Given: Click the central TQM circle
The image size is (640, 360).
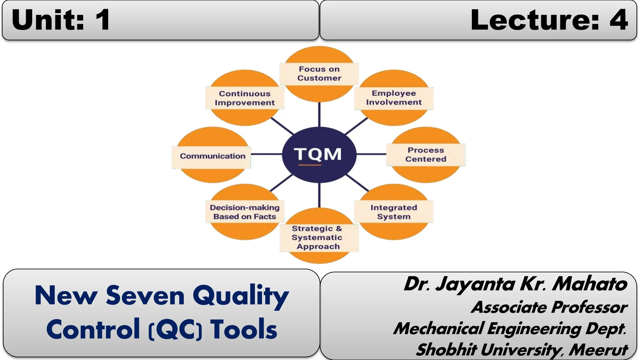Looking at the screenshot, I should pyautogui.click(x=319, y=154).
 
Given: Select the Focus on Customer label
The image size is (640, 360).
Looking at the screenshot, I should pyautogui.click(x=319, y=74).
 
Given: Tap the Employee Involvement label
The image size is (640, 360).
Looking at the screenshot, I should pyautogui.click(x=394, y=98).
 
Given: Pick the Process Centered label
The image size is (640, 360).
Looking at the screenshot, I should pyautogui.click(x=426, y=155).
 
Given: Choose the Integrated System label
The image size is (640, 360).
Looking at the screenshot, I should pyautogui.click(x=394, y=212).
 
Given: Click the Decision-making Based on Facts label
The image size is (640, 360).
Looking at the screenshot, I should pyautogui.click(x=245, y=212).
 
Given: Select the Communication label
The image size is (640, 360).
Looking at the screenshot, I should pyautogui.click(x=212, y=156).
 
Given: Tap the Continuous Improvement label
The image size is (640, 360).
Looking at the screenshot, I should pyautogui.click(x=245, y=98).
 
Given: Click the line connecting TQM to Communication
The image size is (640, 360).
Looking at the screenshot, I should pyautogui.click(x=266, y=154).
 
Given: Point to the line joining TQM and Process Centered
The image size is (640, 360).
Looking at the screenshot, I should pyautogui.click(x=371, y=154).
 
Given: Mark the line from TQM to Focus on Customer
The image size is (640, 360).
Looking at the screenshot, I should pyautogui.click(x=319, y=114).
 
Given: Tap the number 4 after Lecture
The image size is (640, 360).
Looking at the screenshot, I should pyautogui.click(x=618, y=20).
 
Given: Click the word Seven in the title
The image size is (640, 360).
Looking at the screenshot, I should pyautogui.click(x=145, y=295).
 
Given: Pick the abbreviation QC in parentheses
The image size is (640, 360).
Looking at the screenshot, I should pyautogui.click(x=175, y=329).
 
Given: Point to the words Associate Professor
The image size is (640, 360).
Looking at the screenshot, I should pyautogui.click(x=549, y=307).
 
